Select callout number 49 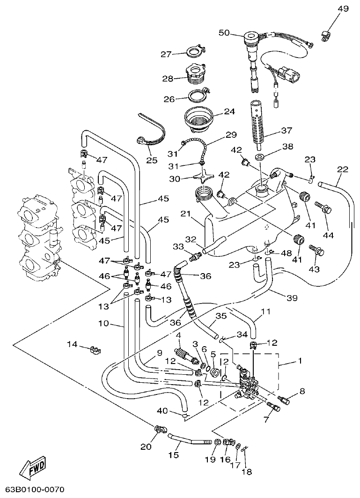pyautogui.click(x=343, y=8)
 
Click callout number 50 pyautogui.click(x=224, y=32)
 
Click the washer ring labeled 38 pyautogui.click(x=260, y=156)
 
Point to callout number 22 pyautogui.click(x=343, y=169)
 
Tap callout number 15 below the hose pyautogui.click(x=174, y=454)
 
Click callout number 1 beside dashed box pyautogui.click(x=300, y=361)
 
